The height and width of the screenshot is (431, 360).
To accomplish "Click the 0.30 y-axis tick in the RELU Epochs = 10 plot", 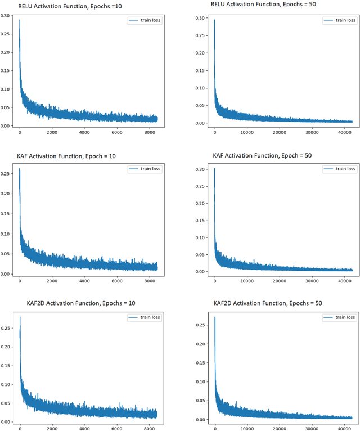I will [x=7, y=16].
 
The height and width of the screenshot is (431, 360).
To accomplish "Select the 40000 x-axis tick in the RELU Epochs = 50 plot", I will [x=345, y=133].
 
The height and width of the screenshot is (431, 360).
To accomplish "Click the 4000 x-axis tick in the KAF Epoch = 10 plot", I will [x=84, y=281].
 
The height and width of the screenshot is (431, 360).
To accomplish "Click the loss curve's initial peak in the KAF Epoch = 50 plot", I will [x=214, y=169].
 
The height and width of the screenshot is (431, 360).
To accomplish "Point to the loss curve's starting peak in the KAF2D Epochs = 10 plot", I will [x=20, y=317].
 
